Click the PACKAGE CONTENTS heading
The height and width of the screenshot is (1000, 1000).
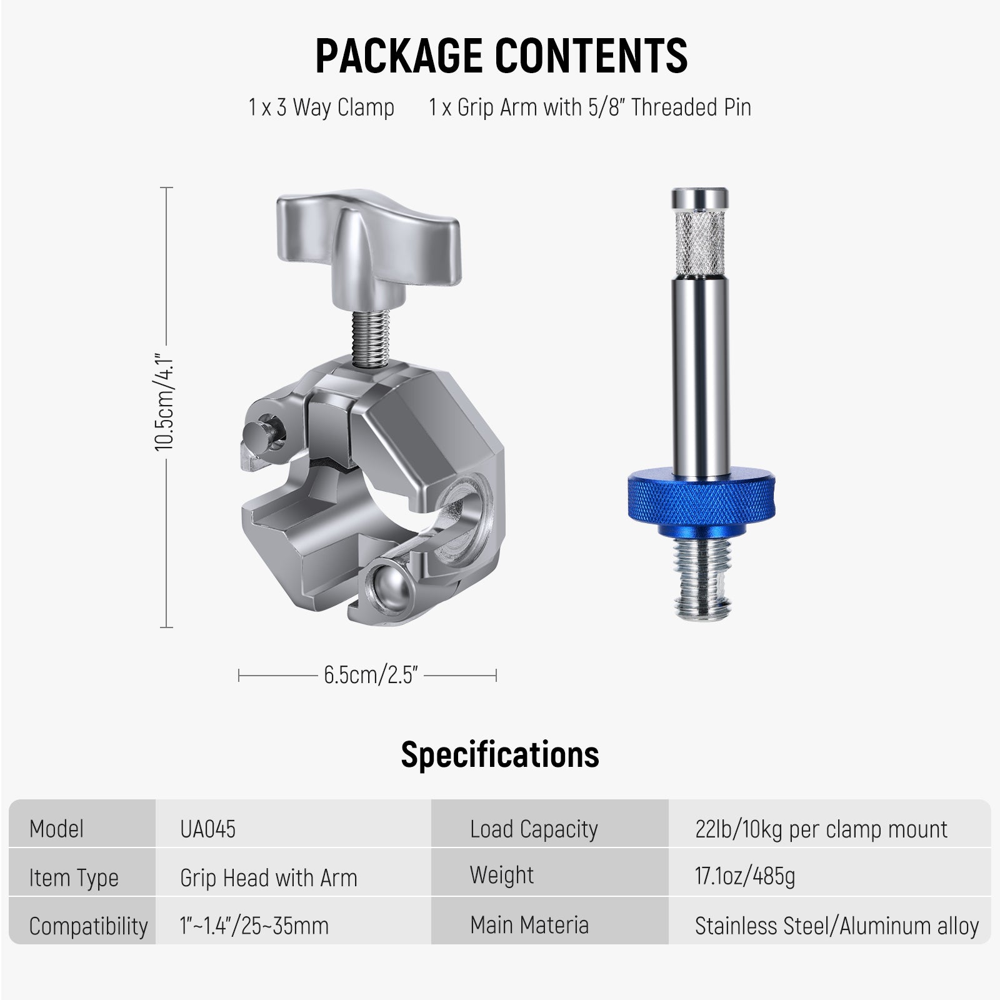point(501,56)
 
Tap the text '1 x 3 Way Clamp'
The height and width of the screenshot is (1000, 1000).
point(321,107)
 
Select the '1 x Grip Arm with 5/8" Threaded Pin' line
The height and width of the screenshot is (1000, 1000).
point(589,107)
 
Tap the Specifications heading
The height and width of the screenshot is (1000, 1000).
point(500,754)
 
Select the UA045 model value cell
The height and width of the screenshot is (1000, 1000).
point(207,829)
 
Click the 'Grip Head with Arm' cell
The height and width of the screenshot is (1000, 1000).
point(269,877)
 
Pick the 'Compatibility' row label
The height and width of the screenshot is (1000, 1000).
point(88,926)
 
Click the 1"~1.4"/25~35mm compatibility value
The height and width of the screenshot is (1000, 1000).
point(254,926)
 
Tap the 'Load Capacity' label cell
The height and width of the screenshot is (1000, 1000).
point(534,829)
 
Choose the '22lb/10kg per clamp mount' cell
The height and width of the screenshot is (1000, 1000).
point(821,829)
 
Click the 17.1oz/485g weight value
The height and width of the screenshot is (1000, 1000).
point(745,876)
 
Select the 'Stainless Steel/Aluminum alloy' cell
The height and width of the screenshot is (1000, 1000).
point(836,926)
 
